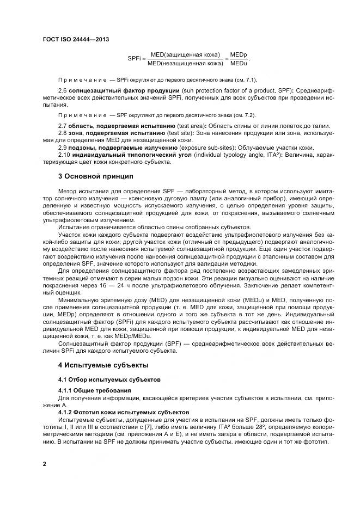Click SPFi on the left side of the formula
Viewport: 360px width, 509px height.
pos(135,59)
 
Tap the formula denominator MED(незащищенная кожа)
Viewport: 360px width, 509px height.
pos(185,64)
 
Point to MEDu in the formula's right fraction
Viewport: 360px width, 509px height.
pos(239,64)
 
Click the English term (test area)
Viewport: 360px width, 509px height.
pos(190,126)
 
